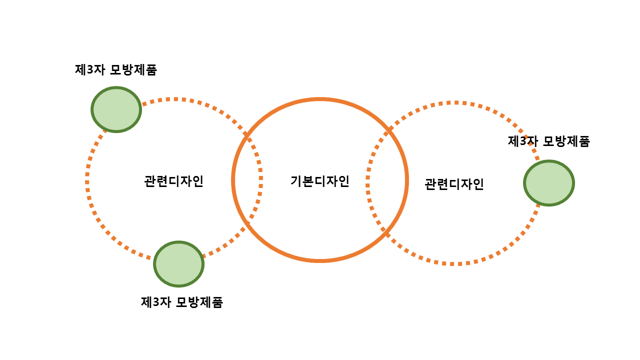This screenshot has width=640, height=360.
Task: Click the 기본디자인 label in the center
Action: [x=319, y=181]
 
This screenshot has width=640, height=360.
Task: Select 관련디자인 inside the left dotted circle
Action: [x=173, y=180]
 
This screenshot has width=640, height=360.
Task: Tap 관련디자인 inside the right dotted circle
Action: [x=454, y=184]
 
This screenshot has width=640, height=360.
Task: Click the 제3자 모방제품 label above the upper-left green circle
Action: [x=115, y=70]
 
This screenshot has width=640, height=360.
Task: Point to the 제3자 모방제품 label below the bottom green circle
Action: [x=182, y=302]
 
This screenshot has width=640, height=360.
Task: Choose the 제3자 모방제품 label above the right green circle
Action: [x=548, y=141]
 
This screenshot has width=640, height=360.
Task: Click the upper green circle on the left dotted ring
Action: [x=116, y=109]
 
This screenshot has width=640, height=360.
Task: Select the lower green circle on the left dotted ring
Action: [x=178, y=264]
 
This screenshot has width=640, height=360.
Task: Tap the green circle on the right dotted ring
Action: [x=549, y=183]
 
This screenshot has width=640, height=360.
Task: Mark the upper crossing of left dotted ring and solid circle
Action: [x=246, y=135]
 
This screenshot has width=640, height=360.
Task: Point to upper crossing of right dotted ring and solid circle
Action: [x=389, y=130]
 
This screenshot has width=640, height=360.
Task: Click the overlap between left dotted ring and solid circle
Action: [x=247, y=180]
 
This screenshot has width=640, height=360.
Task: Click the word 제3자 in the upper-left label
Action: [x=89, y=70]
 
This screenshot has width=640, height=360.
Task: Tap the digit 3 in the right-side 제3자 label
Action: [x=523, y=141]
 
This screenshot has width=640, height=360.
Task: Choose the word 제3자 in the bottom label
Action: [x=156, y=302]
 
